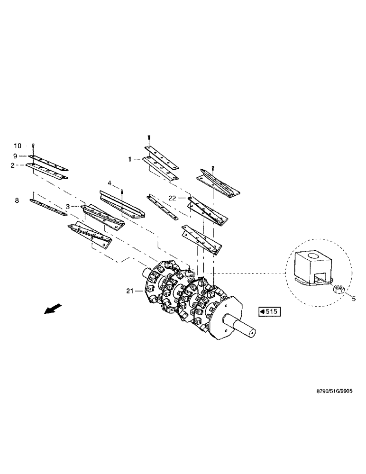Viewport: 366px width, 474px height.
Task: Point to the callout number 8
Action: (17, 201)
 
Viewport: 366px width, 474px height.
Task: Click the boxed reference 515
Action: (270, 311)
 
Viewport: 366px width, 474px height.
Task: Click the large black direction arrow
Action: (49, 309)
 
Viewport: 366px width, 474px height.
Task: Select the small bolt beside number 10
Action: (34, 146)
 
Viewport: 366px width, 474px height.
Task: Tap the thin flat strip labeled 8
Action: (47, 207)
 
